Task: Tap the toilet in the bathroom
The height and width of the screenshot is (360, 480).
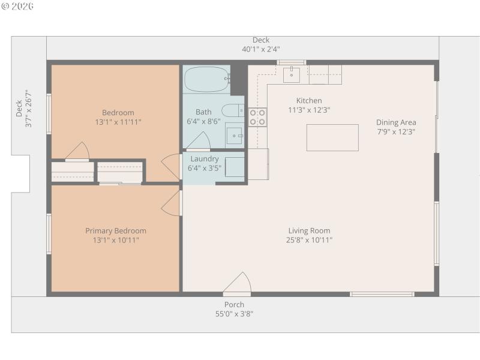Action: [232, 110]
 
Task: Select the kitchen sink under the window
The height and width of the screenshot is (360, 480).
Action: [292, 74]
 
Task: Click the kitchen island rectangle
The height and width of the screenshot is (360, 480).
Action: [332, 137]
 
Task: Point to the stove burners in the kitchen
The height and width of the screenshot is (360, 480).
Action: [257, 117]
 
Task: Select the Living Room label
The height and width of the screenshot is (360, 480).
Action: [309, 230]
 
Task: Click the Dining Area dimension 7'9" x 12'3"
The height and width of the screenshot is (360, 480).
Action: [396, 131]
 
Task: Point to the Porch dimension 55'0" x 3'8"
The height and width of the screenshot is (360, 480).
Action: [234, 314]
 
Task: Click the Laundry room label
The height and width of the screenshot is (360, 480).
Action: [204, 159]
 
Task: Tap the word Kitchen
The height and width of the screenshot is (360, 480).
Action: [309, 100]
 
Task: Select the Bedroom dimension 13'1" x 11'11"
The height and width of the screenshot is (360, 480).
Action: [118, 122]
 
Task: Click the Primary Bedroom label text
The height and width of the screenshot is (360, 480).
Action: [116, 230]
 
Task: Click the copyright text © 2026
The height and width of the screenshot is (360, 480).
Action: [17, 7]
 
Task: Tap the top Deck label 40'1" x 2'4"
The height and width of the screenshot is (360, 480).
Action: [260, 49]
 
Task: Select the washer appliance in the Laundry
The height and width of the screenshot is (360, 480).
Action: [235, 167]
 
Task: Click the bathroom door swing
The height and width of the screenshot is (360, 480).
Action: [199, 142]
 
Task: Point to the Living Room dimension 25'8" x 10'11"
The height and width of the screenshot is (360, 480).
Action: [309, 240]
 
